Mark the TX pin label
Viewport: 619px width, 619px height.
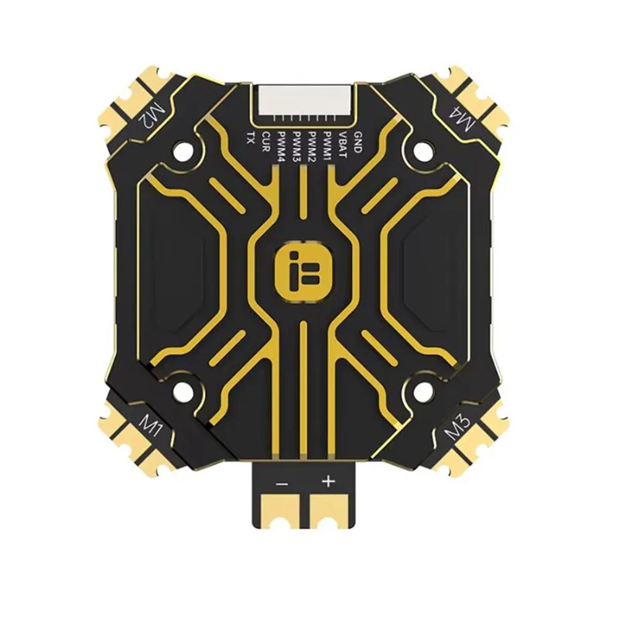pyautogui.click(x=250, y=139)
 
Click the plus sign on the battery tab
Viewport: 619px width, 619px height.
pyautogui.click(x=328, y=481)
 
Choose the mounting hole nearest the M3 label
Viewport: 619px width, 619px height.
pyautogui.click(x=422, y=392)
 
